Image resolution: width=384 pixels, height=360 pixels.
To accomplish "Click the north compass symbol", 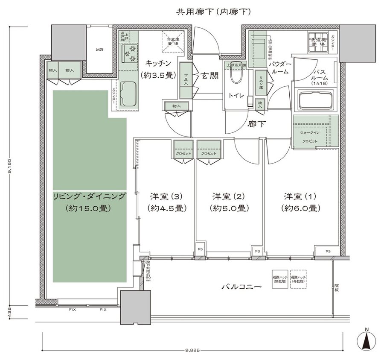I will click(366, 341).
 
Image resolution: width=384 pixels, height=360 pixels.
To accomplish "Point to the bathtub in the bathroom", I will click(316, 101).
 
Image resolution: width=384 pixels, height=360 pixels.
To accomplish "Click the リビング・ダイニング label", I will click(89, 196).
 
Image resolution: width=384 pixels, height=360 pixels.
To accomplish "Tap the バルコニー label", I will click(241, 287).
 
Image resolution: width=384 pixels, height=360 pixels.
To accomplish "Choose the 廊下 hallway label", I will click(258, 125).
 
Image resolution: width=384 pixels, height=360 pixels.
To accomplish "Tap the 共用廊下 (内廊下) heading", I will click(213, 12).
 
